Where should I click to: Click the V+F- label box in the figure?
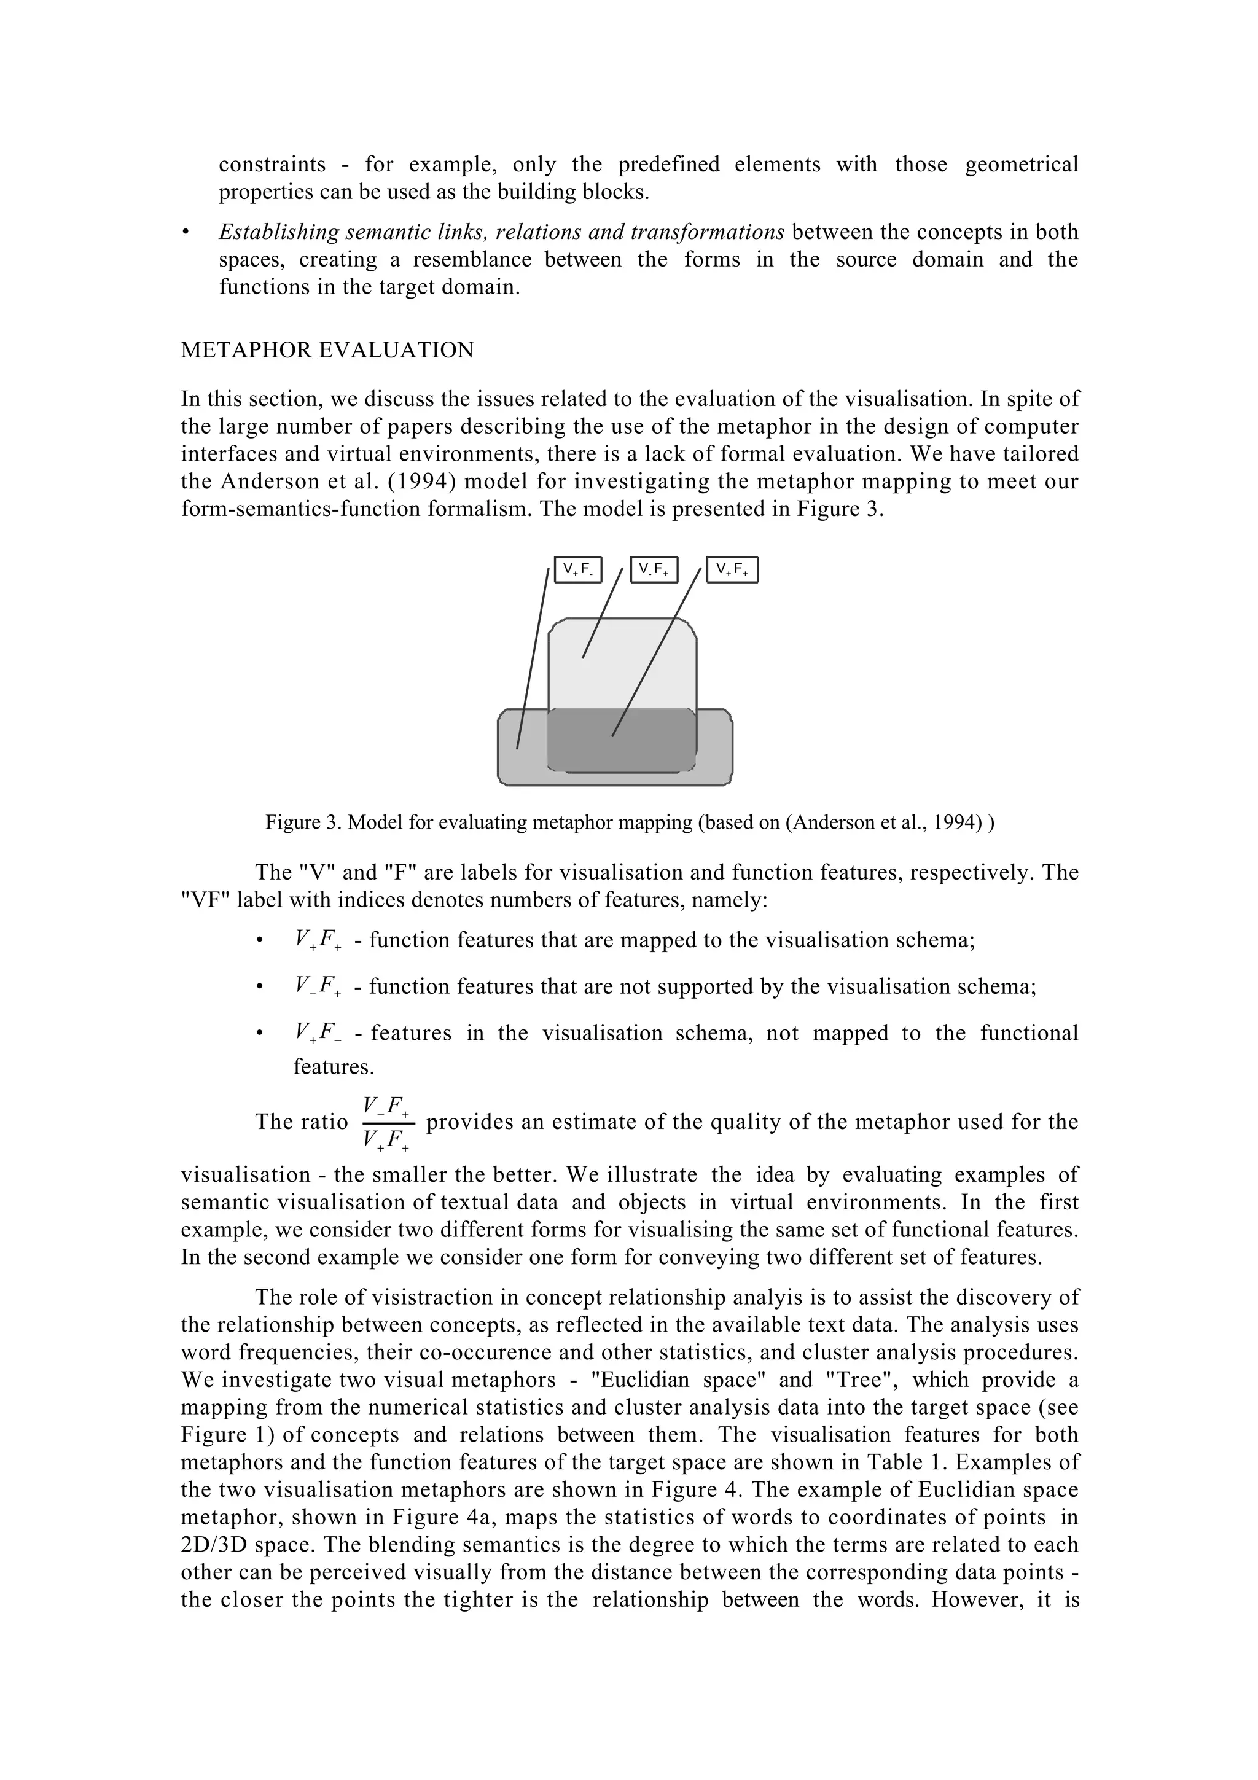coord(578,570)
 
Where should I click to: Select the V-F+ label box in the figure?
coord(654,570)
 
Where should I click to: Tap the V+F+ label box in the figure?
coord(732,570)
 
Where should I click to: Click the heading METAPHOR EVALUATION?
coord(327,351)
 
